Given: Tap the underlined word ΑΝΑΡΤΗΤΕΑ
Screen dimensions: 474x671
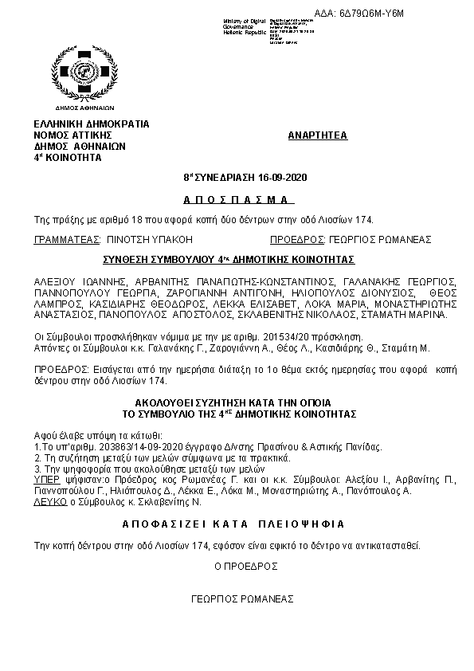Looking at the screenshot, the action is pyautogui.click(x=317, y=135).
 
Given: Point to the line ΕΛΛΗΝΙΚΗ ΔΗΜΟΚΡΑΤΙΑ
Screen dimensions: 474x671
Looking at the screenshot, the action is pyautogui.click(x=92, y=124).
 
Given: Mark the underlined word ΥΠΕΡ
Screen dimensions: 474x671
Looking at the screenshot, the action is pyautogui.click(x=46, y=481).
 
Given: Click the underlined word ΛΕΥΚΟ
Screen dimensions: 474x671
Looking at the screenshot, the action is pyautogui.click(x=48, y=504).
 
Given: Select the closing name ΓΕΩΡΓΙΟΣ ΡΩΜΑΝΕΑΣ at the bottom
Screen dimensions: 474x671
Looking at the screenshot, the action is pyautogui.click(x=243, y=598).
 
